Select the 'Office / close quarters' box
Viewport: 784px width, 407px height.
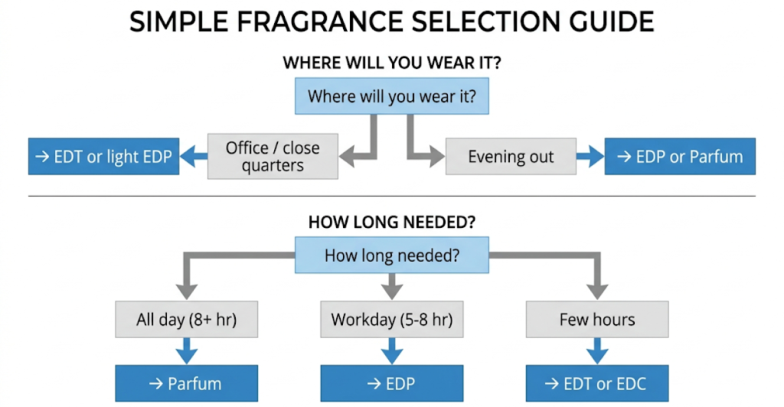pyautogui.click(x=273, y=157)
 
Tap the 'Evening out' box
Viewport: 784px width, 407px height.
pyautogui.click(x=511, y=157)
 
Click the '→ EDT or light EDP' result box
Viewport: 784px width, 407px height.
pyautogui.click(x=103, y=157)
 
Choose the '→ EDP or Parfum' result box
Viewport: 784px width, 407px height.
pyautogui.click(x=680, y=157)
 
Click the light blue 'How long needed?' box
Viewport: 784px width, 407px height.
pyautogui.click(x=392, y=256)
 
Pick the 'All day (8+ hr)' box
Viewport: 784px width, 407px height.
pyautogui.click(x=186, y=319)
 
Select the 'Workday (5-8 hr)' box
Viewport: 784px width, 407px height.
pyautogui.click(x=392, y=319)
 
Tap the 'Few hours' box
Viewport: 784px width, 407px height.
pyautogui.click(x=597, y=319)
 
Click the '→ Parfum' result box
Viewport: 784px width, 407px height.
pyautogui.click(x=186, y=383)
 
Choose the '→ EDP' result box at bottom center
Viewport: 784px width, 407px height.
pyautogui.click(x=392, y=383)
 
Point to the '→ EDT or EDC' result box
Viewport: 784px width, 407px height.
pyautogui.click(x=597, y=383)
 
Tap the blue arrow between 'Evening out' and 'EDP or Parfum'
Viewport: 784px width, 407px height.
pyautogui.click(x=590, y=158)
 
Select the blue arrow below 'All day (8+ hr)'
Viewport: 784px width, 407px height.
pyautogui.click(x=186, y=351)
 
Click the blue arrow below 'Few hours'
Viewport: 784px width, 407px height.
pyautogui.click(x=597, y=351)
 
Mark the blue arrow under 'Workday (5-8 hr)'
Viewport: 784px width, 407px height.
pyautogui.click(x=392, y=351)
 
